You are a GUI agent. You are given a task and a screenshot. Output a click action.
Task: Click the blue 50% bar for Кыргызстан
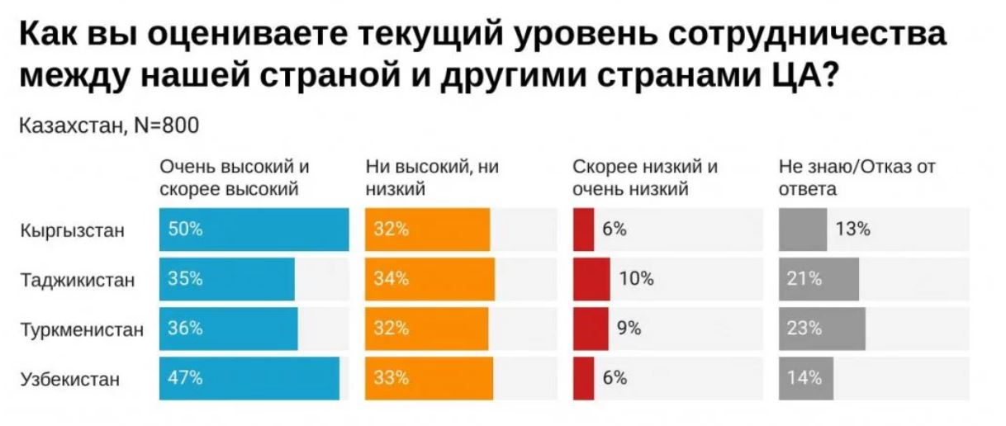254,230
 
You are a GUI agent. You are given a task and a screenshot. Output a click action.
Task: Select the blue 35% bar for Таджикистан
227,279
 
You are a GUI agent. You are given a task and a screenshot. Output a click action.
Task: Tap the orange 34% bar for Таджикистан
429,279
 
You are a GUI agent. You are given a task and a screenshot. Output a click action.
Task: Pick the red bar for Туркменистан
591,329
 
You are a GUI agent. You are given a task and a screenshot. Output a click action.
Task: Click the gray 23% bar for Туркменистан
822,329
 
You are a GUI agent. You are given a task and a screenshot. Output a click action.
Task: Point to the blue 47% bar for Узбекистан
249,378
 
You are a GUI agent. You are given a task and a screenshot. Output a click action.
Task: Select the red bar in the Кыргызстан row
583,230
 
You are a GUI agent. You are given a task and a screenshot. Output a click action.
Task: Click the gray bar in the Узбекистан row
806,378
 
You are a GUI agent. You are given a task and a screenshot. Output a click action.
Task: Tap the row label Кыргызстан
72,230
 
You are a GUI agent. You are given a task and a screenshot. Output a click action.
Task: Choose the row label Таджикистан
76,280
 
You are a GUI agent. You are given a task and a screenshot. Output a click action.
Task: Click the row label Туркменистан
81,329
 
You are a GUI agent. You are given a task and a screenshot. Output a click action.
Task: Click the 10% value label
636,279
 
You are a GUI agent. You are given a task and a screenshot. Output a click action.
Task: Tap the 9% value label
629,329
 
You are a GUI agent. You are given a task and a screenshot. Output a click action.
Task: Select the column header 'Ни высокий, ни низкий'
431,177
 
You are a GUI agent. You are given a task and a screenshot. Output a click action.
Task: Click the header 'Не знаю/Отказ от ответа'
857,177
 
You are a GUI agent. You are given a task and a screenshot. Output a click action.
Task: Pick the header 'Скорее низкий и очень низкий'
645,177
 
